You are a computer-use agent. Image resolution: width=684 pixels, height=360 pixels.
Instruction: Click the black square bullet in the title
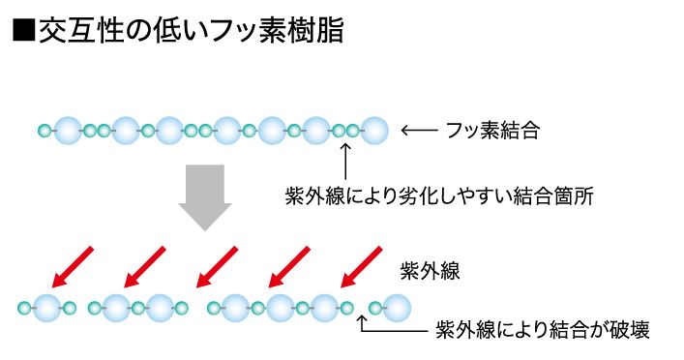[x=24, y=30]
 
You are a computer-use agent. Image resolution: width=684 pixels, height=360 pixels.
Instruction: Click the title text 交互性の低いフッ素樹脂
[x=192, y=30]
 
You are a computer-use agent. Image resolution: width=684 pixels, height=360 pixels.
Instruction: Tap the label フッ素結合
[x=493, y=130]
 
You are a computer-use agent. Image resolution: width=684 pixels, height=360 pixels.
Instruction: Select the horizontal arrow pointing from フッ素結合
[x=419, y=130]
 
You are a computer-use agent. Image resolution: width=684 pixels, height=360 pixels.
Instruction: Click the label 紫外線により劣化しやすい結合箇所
[x=439, y=195]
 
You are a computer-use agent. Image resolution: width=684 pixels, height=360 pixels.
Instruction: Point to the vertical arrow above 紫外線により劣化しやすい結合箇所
[x=345, y=161]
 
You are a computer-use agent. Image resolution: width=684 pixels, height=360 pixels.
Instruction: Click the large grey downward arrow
[x=204, y=197]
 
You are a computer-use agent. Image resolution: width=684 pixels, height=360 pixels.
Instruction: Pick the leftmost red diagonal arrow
[x=73, y=267]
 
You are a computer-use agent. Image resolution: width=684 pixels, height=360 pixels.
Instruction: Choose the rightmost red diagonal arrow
[x=361, y=267]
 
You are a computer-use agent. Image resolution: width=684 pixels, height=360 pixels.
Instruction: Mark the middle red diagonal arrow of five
[x=217, y=267]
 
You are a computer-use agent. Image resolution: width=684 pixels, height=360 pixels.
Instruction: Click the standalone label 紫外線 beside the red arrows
[x=430, y=271]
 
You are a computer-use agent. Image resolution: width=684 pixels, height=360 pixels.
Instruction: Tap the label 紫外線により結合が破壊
[x=543, y=330]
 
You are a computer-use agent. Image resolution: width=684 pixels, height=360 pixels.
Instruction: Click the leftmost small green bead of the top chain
[x=45, y=131]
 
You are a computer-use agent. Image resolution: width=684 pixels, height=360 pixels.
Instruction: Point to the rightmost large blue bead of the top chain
[x=374, y=131]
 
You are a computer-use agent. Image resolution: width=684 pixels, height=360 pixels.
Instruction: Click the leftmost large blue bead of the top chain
[x=68, y=131]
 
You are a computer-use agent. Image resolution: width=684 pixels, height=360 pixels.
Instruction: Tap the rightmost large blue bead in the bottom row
[x=397, y=308]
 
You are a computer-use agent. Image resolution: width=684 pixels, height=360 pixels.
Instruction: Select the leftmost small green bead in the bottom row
[x=25, y=309]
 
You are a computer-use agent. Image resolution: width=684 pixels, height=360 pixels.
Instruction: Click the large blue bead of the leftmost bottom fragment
[x=47, y=308]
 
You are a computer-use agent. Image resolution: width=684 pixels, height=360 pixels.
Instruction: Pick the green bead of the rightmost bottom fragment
[x=375, y=309]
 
